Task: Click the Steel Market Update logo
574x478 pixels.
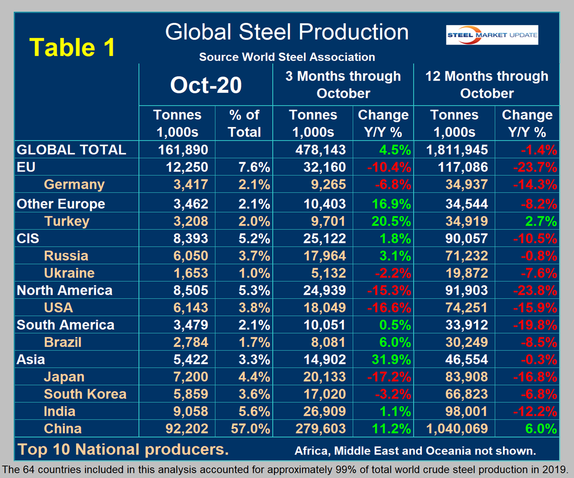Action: coord(492,35)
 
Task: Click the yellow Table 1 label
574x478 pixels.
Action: coord(72,47)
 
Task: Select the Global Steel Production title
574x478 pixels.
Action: coord(287,32)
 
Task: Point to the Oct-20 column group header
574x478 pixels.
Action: coord(206,85)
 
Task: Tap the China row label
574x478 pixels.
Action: coord(63,428)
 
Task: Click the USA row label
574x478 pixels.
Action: coord(58,307)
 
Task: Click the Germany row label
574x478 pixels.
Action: coord(74,184)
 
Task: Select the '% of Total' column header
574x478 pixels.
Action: coord(244,123)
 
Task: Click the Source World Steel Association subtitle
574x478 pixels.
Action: coord(287,57)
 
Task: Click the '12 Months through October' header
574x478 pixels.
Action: coord(487,85)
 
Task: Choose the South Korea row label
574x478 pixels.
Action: coord(85,394)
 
